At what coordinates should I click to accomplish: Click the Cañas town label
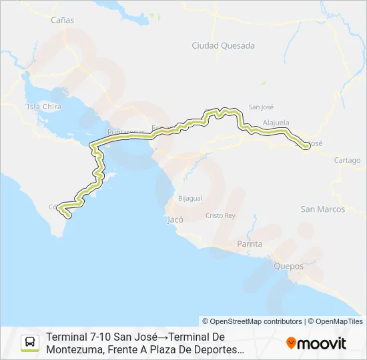pos(63,20)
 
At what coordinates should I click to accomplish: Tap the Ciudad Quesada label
pos(214,46)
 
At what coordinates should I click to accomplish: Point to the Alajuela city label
pos(276,123)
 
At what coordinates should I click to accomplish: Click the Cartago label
pos(347,161)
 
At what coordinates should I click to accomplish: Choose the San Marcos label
pos(323,209)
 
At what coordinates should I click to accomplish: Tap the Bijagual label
pos(190,199)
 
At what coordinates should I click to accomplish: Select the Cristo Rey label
pos(220,216)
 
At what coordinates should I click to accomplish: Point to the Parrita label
pos(250,244)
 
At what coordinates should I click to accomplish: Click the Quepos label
pos(288,266)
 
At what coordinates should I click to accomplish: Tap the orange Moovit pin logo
pos(291,343)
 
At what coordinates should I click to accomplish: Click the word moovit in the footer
pos(322,343)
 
